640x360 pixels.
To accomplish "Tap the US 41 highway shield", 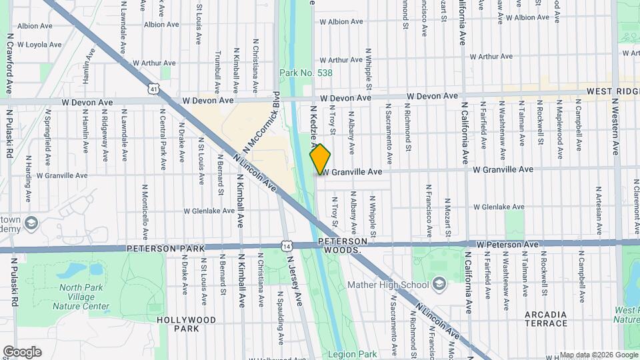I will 155,88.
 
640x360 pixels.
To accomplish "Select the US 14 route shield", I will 286,246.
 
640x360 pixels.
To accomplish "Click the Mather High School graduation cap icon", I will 439,285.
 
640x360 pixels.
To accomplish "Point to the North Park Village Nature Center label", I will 84,297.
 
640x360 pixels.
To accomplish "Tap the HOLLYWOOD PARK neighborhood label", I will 187,324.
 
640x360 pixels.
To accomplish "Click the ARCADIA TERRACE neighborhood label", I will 545,319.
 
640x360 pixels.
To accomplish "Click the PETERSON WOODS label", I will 343,245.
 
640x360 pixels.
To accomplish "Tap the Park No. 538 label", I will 305,73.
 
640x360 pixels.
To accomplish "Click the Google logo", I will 22,352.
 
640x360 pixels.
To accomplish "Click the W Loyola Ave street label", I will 39,45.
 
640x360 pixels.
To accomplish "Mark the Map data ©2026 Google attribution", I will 598,355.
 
